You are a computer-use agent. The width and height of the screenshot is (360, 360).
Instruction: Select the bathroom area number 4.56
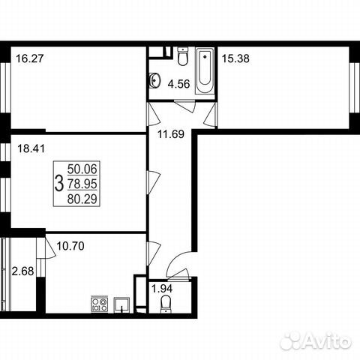pyautogui.click(x=177, y=84)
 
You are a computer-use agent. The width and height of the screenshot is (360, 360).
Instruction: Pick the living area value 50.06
pyautogui.click(x=82, y=170)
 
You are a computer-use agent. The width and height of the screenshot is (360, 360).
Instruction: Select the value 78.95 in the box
pyautogui.click(x=82, y=183)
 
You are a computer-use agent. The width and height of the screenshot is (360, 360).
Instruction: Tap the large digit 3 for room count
pyautogui.click(x=59, y=183)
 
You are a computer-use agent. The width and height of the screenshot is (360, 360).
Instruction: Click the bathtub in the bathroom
pyautogui.click(x=204, y=73)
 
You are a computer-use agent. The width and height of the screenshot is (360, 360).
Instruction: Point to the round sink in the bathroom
pyautogui.click(x=156, y=80)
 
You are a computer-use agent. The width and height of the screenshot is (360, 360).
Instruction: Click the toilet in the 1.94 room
pyautogui.click(x=166, y=304)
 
